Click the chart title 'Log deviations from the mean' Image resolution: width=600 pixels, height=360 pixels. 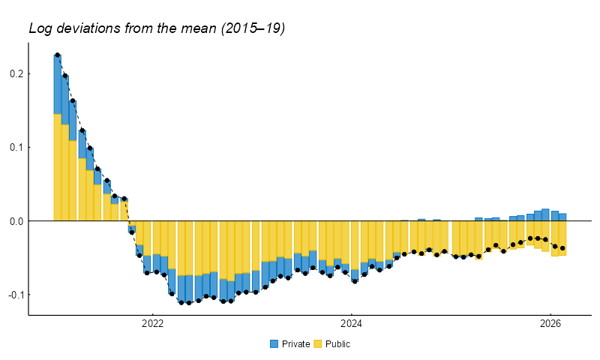(157, 28)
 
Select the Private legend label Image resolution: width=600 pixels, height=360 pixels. (295, 344)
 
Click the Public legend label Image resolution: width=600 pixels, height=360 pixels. (337, 344)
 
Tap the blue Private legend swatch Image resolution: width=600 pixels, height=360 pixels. (274, 344)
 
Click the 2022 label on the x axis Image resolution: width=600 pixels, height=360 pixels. (152, 324)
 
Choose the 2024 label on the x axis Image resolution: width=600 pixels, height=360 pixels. (351, 324)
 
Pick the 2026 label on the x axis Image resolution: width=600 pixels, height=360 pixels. (550, 324)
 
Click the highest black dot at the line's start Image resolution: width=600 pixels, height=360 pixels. (57, 55)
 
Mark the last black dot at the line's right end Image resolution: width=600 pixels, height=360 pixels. (562, 248)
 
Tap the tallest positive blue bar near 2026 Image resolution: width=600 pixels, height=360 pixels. (545, 214)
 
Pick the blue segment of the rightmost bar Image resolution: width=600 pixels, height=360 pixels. (562, 217)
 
